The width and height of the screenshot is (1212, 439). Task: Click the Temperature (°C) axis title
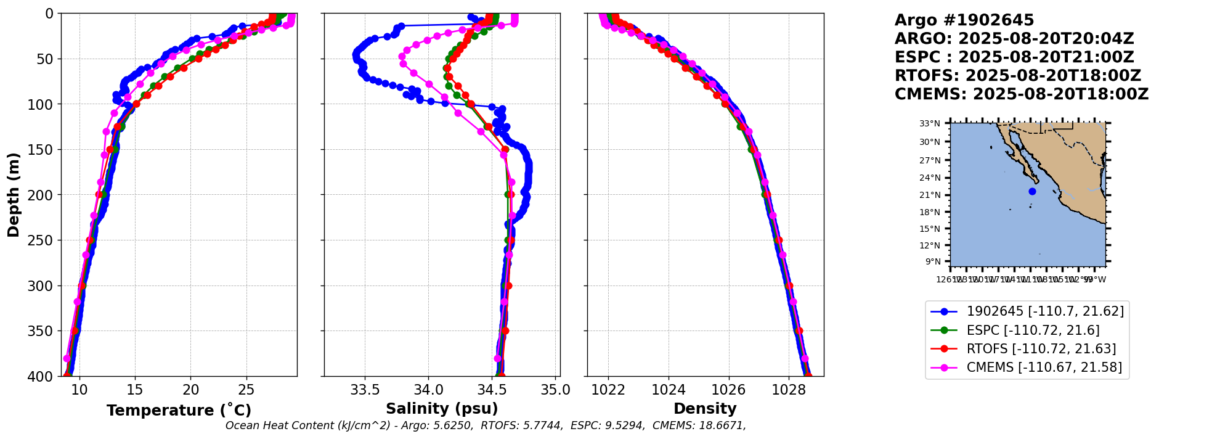[x=179, y=411]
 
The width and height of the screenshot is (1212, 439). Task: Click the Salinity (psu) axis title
[x=442, y=409]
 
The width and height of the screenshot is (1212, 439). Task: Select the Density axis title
[x=705, y=409]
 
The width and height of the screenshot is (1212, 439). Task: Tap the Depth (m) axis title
[x=14, y=194]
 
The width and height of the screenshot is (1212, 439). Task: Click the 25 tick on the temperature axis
[x=246, y=390]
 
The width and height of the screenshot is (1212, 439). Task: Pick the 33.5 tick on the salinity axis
[x=365, y=390]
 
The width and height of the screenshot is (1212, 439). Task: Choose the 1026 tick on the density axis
[x=729, y=390]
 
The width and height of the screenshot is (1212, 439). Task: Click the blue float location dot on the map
[x=1032, y=191]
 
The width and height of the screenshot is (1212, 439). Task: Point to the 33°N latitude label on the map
[x=930, y=123]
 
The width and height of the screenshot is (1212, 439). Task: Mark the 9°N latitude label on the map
[x=932, y=261]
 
